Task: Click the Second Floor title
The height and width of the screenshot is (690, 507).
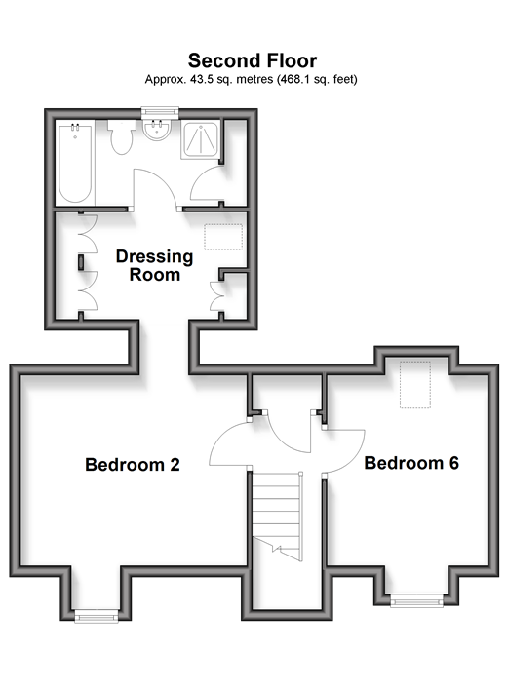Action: click(x=253, y=60)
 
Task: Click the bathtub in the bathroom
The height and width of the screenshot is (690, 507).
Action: click(x=76, y=164)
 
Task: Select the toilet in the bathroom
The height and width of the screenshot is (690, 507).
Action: click(x=122, y=136)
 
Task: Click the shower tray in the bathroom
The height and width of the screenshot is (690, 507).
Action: click(x=201, y=140)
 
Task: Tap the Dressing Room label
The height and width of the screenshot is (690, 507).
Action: click(x=154, y=265)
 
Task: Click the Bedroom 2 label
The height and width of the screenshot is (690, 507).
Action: click(x=133, y=465)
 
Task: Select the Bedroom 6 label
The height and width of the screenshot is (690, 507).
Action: click(x=411, y=463)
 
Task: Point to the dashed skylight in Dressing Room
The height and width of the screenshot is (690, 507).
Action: click(x=223, y=237)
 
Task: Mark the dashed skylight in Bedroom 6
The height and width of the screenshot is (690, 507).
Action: click(x=415, y=385)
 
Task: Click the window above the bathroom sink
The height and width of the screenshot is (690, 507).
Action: click(x=160, y=113)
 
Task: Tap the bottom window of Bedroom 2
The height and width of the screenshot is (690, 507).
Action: click(x=97, y=616)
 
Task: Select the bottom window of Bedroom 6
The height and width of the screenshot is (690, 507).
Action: click(x=416, y=600)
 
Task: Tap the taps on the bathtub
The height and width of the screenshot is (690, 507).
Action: click(x=75, y=128)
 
